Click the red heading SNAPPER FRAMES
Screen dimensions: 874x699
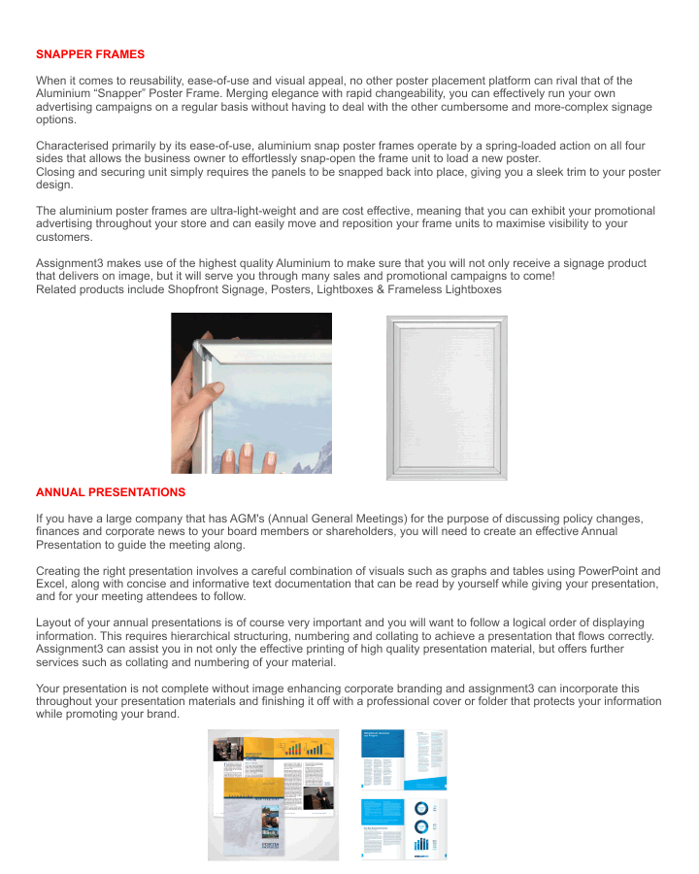click(90, 54)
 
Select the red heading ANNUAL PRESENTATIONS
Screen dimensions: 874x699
click(111, 492)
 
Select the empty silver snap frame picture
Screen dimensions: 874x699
click(447, 397)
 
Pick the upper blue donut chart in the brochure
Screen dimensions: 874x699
click(421, 809)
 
